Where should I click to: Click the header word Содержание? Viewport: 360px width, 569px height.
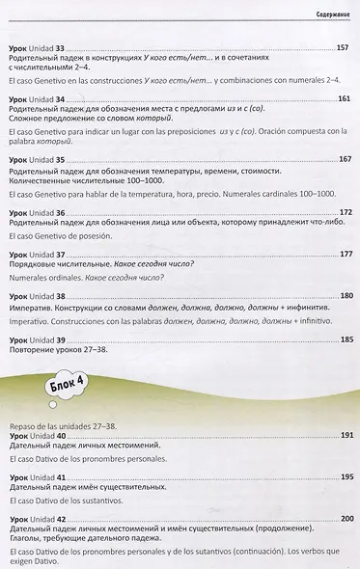point(330,14)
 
